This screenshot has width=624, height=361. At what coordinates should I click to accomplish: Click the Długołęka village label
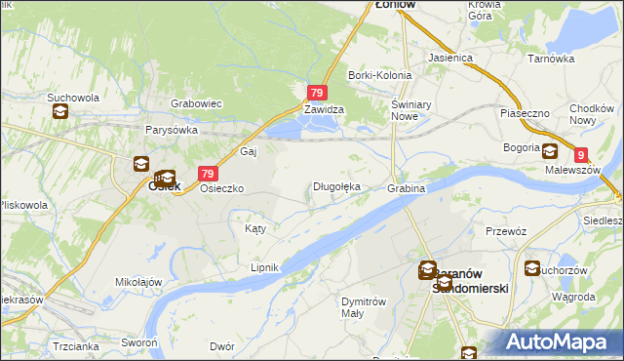click(336, 186)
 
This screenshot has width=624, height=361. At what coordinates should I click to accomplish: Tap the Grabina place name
click(406, 187)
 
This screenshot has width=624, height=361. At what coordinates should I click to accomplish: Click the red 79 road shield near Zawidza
click(316, 93)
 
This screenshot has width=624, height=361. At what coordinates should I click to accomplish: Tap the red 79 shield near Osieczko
click(207, 173)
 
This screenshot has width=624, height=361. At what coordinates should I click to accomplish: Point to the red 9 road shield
click(581, 154)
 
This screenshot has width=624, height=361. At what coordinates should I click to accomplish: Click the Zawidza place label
click(323, 110)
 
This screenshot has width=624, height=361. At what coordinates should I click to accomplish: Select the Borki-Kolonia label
click(380, 75)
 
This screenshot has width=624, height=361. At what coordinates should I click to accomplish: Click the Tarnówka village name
click(551, 59)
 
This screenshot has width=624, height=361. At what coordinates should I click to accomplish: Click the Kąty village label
click(254, 228)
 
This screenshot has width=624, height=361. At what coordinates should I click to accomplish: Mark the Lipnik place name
click(265, 267)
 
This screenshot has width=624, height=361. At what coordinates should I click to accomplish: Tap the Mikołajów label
click(137, 282)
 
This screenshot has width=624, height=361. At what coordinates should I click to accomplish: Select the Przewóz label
click(506, 231)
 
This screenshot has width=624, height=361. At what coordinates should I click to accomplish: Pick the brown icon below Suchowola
click(60, 111)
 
